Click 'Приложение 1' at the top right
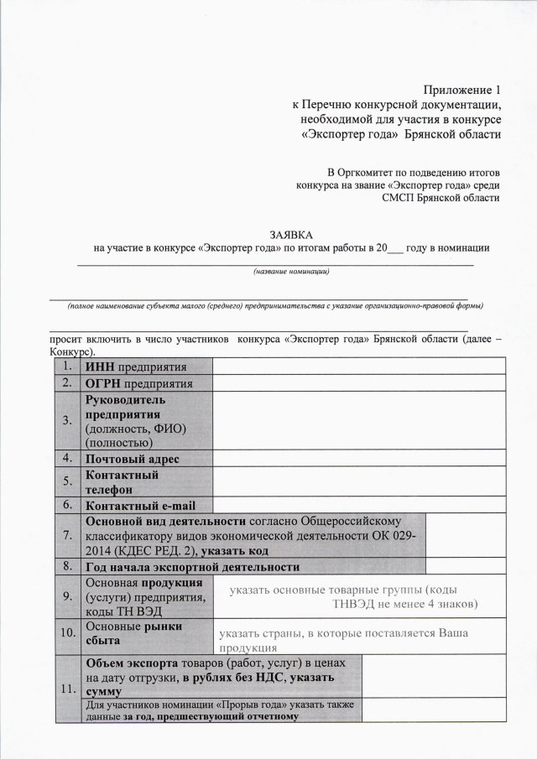click(x=462, y=89)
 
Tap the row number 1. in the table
click(x=66, y=367)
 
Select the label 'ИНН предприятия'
click(x=135, y=367)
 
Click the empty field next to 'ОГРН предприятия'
click(x=358, y=383)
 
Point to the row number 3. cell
click(x=66, y=421)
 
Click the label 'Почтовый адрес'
click(x=133, y=460)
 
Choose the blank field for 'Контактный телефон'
click(x=358, y=481)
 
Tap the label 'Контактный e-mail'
click(x=138, y=505)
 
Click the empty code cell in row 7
click(x=465, y=535)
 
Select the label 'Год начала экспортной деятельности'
click(x=192, y=567)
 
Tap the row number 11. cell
click(x=66, y=689)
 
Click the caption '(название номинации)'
click(x=290, y=271)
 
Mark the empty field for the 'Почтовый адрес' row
click(x=358, y=460)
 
